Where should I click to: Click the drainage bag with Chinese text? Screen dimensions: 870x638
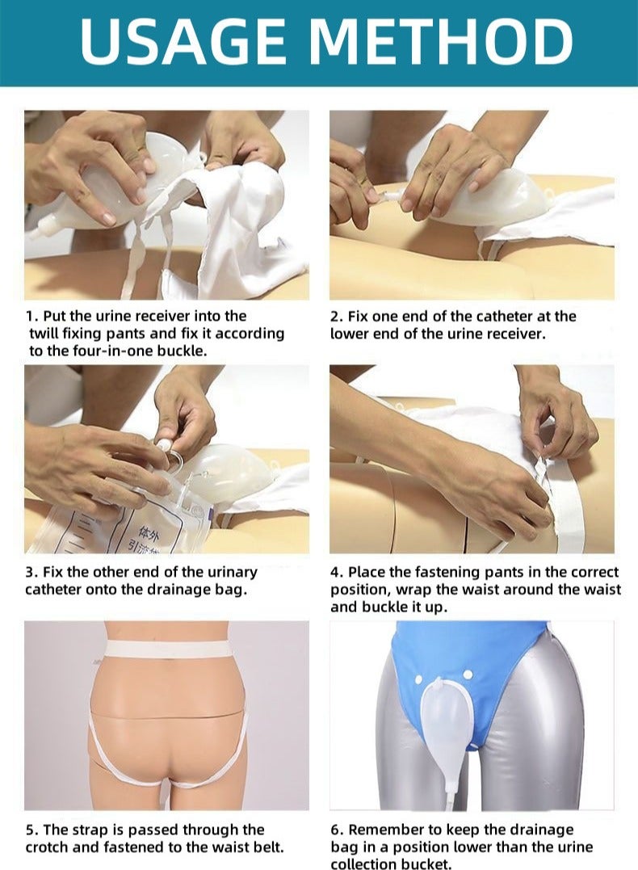click(x=105, y=525)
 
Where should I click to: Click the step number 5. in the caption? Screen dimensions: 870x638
click(x=31, y=830)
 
